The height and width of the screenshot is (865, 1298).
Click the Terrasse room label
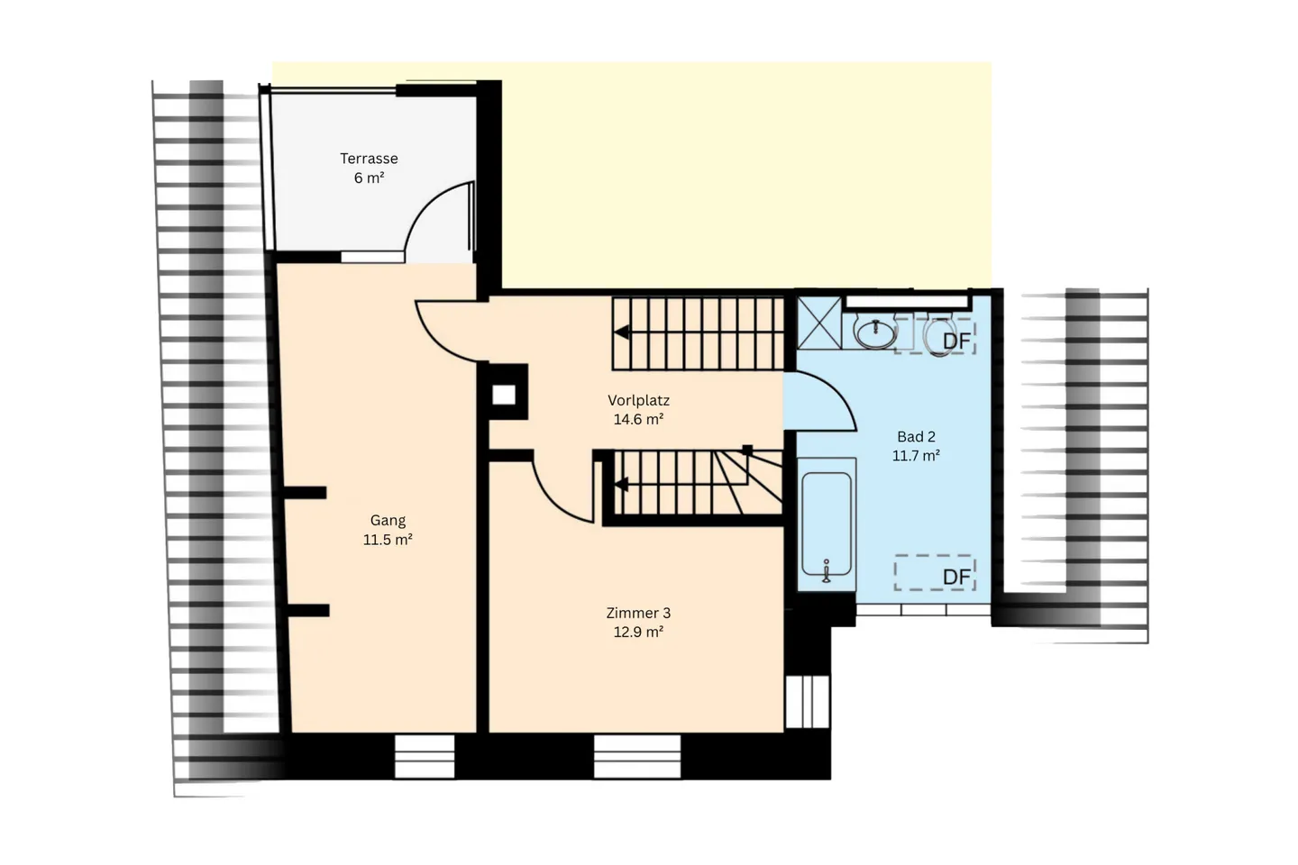click(369, 159)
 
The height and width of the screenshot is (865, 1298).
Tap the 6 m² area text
click(369, 178)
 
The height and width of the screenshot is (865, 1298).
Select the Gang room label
click(388, 520)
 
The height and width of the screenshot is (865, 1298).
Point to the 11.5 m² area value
click(388, 540)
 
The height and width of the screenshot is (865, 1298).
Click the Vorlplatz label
click(638, 400)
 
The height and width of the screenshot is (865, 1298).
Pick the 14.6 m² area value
click(638, 419)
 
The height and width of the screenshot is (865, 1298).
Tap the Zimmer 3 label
click(638, 613)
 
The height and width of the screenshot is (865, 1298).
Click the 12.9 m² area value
click(638, 632)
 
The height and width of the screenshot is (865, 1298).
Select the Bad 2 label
click(916, 437)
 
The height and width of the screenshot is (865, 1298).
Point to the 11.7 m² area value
click(916, 456)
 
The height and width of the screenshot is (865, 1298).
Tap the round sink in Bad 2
click(874, 333)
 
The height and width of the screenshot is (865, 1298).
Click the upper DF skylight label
click(955, 341)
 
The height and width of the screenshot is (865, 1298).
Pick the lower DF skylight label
click(955, 577)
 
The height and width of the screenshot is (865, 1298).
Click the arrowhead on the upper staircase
click(621, 332)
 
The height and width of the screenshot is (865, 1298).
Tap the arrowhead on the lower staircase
click(621, 486)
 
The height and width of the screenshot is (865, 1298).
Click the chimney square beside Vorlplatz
click(504, 395)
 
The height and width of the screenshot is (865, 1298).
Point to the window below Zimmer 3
click(636, 756)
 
